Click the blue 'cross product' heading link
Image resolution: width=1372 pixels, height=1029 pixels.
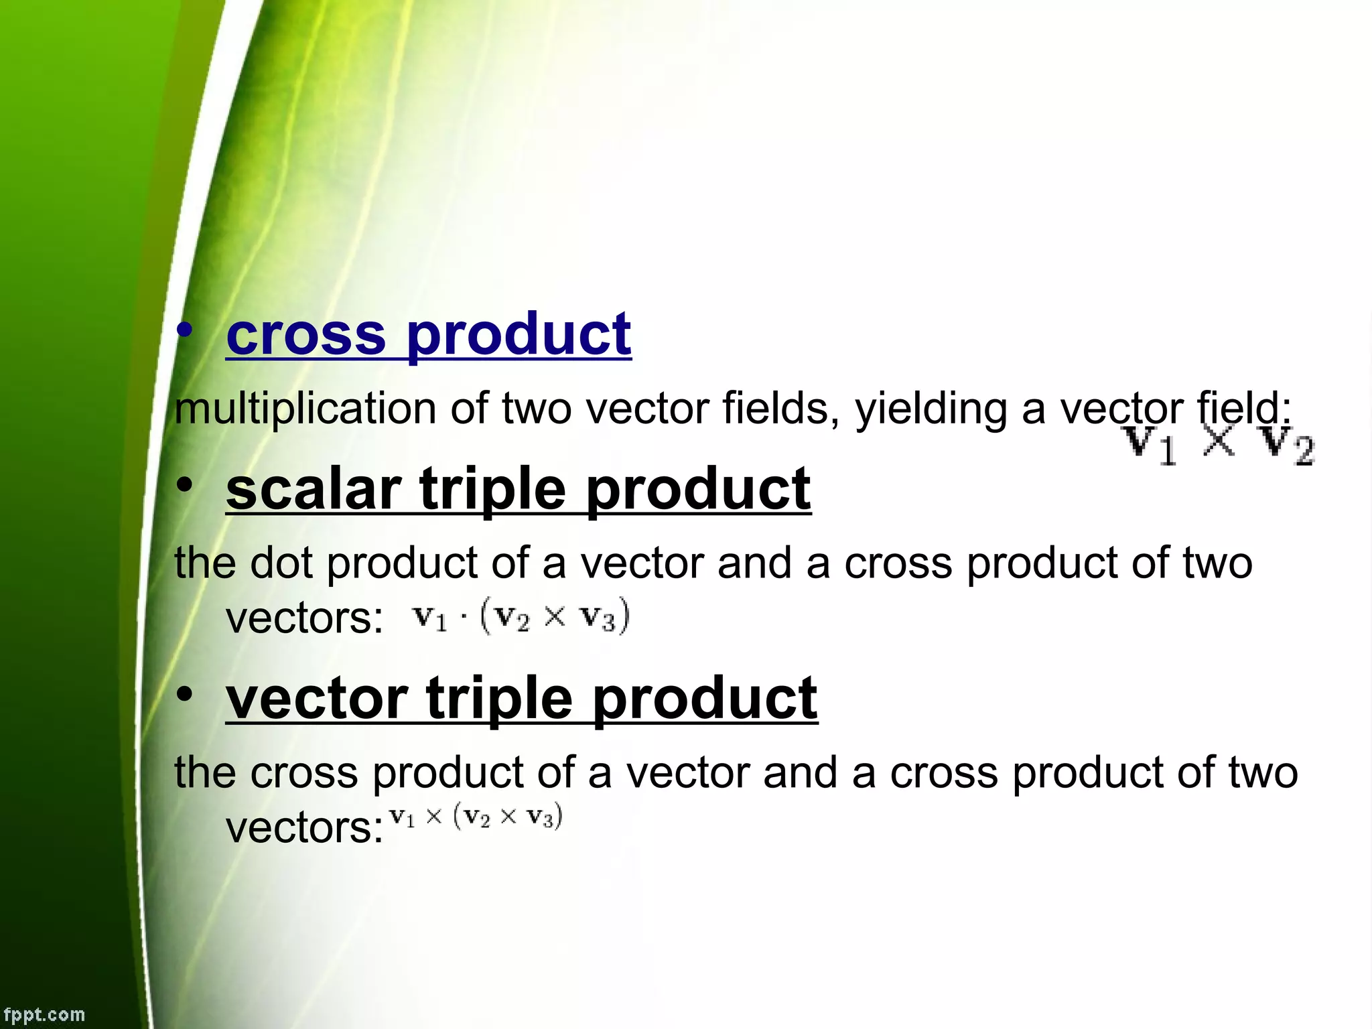429,334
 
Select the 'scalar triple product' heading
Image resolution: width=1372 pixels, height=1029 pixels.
518,489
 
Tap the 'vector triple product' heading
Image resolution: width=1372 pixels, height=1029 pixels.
521,699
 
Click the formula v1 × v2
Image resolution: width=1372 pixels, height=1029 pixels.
1219,445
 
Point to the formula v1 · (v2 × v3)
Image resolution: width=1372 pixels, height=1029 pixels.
521,616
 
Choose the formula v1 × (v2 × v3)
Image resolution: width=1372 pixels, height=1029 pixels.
476,817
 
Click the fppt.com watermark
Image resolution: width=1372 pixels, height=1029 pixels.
44,1014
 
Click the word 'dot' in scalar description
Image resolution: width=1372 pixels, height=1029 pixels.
281,563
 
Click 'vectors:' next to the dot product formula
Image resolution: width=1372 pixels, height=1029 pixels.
305,618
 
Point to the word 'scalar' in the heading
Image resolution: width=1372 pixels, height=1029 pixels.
314,489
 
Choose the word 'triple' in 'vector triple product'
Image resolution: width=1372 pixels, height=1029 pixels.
500,699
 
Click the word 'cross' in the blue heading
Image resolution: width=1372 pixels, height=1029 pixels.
306,334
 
